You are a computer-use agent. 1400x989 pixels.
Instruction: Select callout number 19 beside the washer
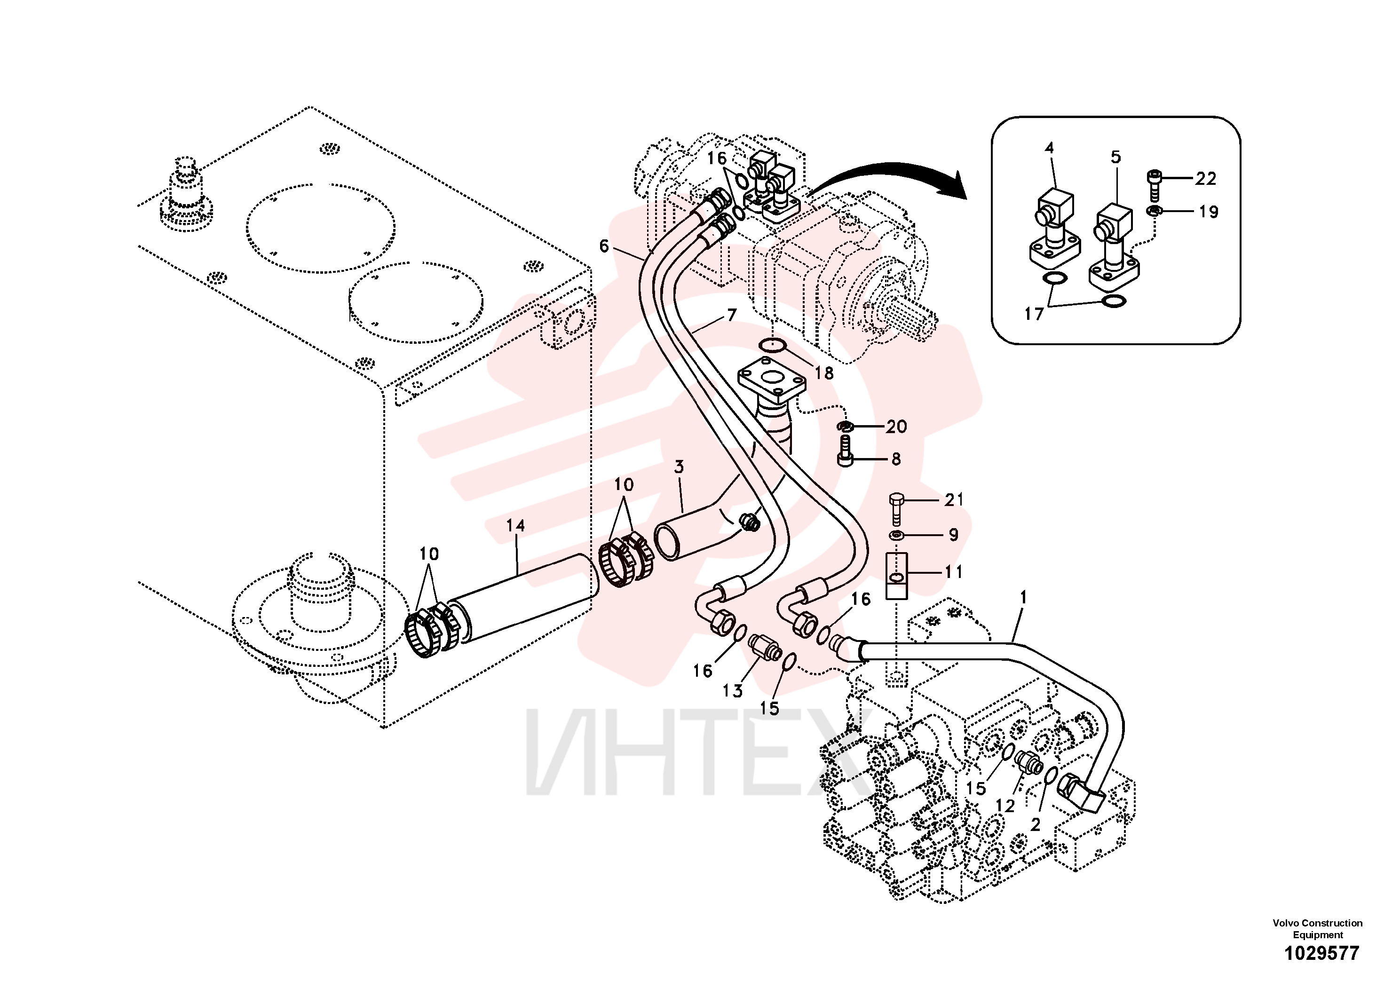(x=1208, y=212)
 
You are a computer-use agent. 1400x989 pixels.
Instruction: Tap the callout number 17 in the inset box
(x=1034, y=314)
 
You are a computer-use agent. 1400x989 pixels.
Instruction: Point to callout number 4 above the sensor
(x=1049, y=148)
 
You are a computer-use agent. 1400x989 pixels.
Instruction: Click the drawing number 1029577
(x=1322, y=953)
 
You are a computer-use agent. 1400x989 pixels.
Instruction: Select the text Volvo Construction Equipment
(x=1317, y=929)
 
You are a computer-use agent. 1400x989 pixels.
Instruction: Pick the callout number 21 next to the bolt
(x=954, y=500)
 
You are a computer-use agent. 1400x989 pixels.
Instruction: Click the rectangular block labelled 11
(x=896, y=575)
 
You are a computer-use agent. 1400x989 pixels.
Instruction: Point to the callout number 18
(x=824, y=372)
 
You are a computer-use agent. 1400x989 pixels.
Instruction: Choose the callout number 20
(x=896, y=426)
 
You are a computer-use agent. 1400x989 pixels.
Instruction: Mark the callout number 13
(x=732, y=691)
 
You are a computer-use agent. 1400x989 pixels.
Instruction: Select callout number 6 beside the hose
(x=604, y=246)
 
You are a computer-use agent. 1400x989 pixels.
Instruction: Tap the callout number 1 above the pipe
(x=1023, y=598)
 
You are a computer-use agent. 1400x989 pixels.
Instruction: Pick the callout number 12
(x=1005, y=806)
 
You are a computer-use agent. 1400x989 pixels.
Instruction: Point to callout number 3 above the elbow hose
(x=679, y=467)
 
